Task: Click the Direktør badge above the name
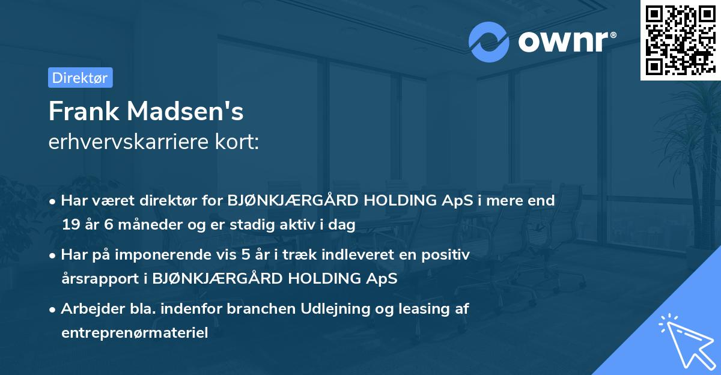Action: point(80,78)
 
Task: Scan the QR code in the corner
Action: point(680,40)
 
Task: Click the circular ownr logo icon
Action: point(489,41)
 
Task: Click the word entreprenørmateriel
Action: point(135,333)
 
